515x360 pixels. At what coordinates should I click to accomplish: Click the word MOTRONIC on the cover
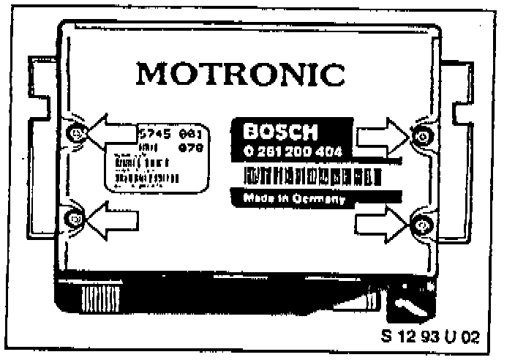pyautogui.click(x=241, y=74)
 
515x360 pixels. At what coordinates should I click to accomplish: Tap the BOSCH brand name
pyautogui.click(x=282, y=132)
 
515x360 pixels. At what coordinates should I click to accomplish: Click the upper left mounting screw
pyautogui.click(x=78, y=132)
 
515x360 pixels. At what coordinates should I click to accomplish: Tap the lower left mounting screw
pyautogui.click(x=75, y=217)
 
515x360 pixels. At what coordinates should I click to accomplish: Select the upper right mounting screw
pyautogui.click(x=419, y=135)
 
